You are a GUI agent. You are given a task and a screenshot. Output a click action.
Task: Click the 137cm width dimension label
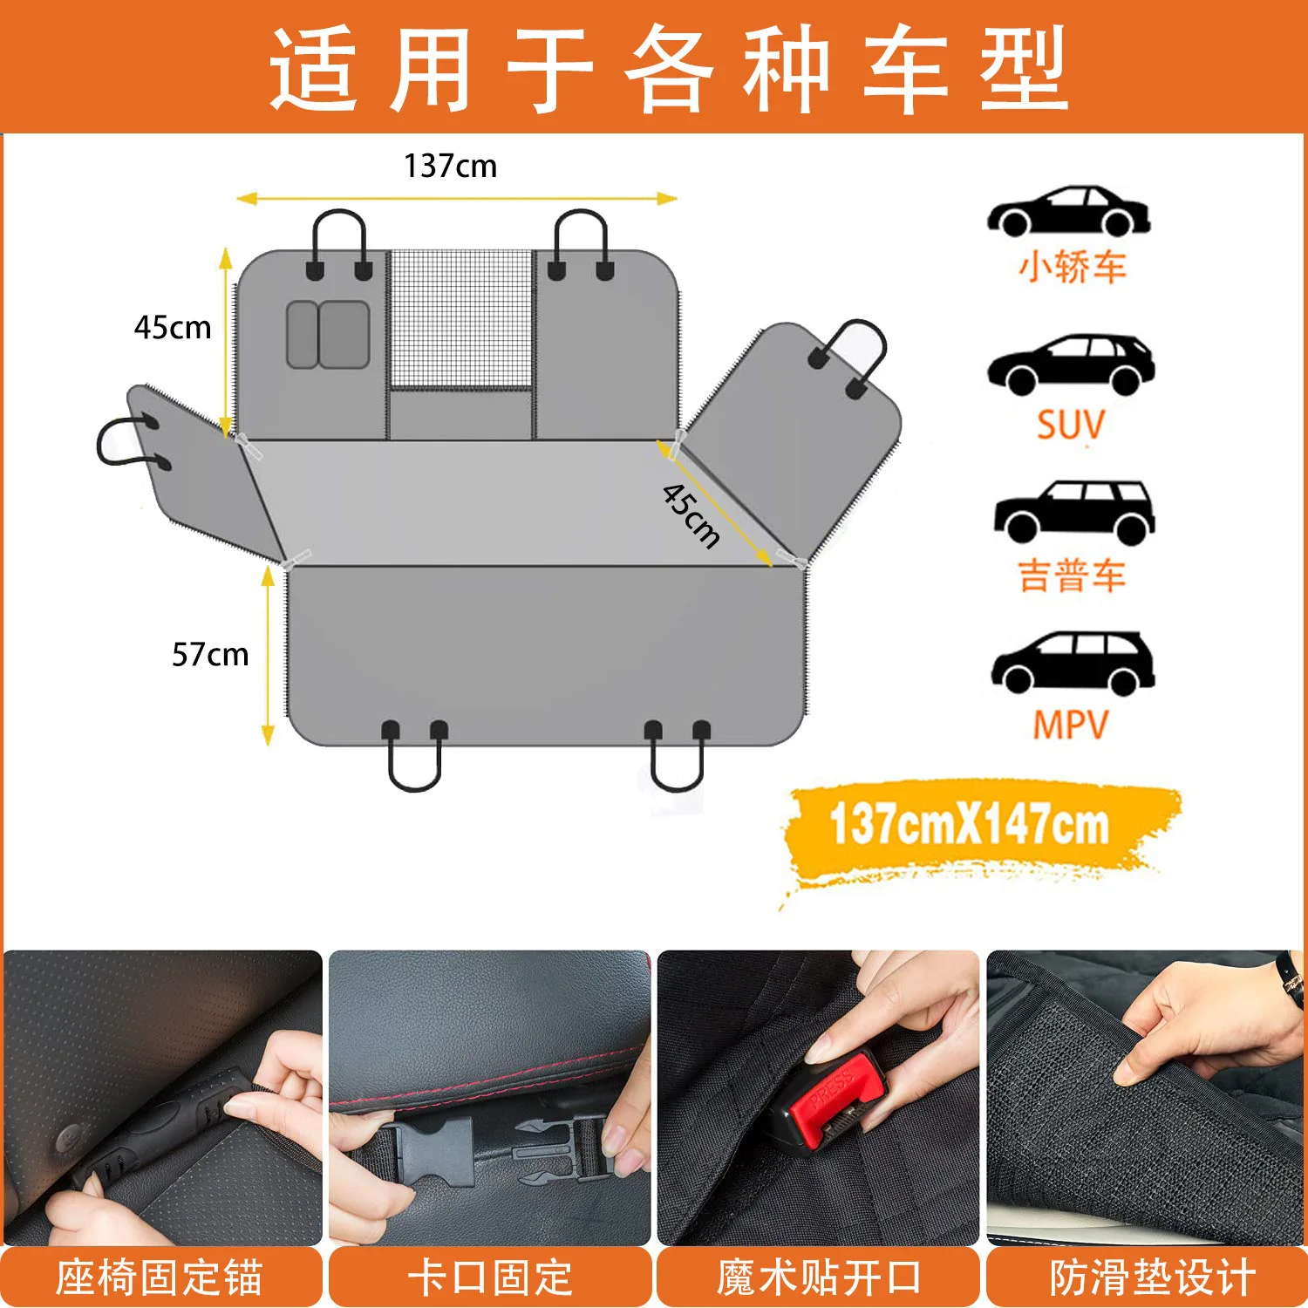pyautogui.click(x=450, y=166)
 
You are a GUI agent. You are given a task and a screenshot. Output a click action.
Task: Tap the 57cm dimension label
pyautogui.click(x=210, y=654)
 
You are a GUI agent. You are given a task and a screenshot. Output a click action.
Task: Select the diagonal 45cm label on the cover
pyautogui.click(x=691, y=515)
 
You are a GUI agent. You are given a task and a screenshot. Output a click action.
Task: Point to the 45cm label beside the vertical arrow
pyautogui.click(x=173, y=328)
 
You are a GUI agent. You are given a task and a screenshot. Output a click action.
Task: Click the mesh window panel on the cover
pyautogui.click(x=460, y=319)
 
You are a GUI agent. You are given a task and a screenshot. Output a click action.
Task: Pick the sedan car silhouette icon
pyautogui.click(x=1068, y=211)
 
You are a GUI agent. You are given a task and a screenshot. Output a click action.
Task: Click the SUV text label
pyautogui.click(x=1070, y=426)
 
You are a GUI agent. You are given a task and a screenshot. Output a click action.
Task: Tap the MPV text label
pyautogui.click(x=1070, y=725)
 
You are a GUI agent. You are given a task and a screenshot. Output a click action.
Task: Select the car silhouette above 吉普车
pyautogui.click(x=1073, y=512)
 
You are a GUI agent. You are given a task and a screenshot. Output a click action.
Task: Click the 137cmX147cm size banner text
pyautogui.click(x=969, y=825)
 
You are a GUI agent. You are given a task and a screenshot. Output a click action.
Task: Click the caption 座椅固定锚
pyautogui.click(x=159, y=1277)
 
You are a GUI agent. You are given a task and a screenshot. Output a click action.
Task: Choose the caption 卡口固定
pyautogui.click(x=490, y=1277)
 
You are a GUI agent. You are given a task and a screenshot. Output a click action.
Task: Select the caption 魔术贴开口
pyautogui.click(x=818, y=1277)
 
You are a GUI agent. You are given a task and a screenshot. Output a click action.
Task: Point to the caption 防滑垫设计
pyautogui.click(x=1151, y=1277)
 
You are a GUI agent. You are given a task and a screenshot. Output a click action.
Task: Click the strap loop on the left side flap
pyautogui.click(x=122, y=442)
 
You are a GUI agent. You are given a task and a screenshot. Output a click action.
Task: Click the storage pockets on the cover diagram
pyautogui.click(x=328, y=335)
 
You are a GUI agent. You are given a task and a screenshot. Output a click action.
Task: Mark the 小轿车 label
pyautogui.click(x=1072, y=267)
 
